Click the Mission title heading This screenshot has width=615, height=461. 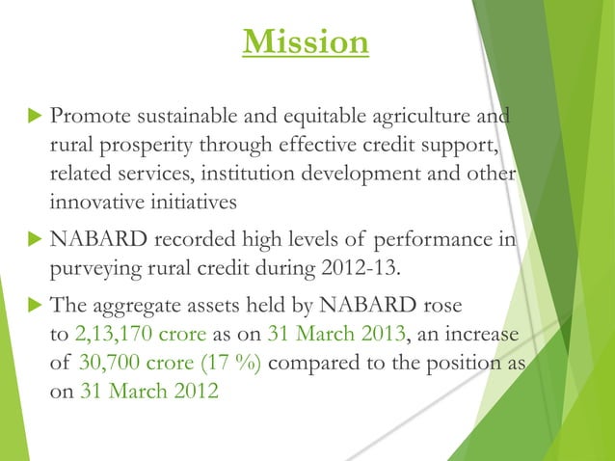[x=307, y=42]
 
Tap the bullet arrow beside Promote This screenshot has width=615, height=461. [x=31, y=118]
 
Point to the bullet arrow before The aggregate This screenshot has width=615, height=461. [x=31, y=306]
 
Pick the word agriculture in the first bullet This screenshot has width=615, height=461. [x=431, y=118]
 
